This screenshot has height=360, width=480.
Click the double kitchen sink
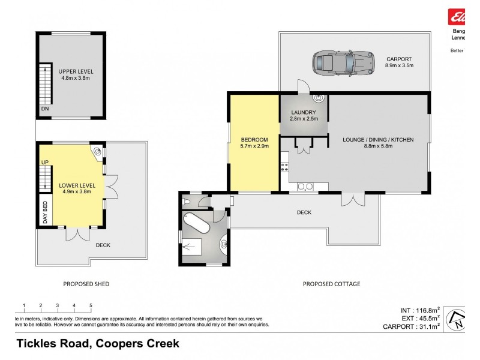click(x=305, y=186)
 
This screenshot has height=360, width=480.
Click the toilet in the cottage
click(x=188, y=202)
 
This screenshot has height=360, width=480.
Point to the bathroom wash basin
click(x=224, y=244)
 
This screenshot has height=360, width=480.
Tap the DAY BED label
click(x=44, y=212)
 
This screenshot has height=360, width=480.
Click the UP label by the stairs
click(x=44, y=163)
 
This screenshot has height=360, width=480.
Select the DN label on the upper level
click(x=44, y=109)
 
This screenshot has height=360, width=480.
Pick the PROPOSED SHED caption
click(x=86, y=284)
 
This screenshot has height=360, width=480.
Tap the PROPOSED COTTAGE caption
click(x=331, y=284)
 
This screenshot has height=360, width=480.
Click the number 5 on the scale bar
click(x=91, y=305)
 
